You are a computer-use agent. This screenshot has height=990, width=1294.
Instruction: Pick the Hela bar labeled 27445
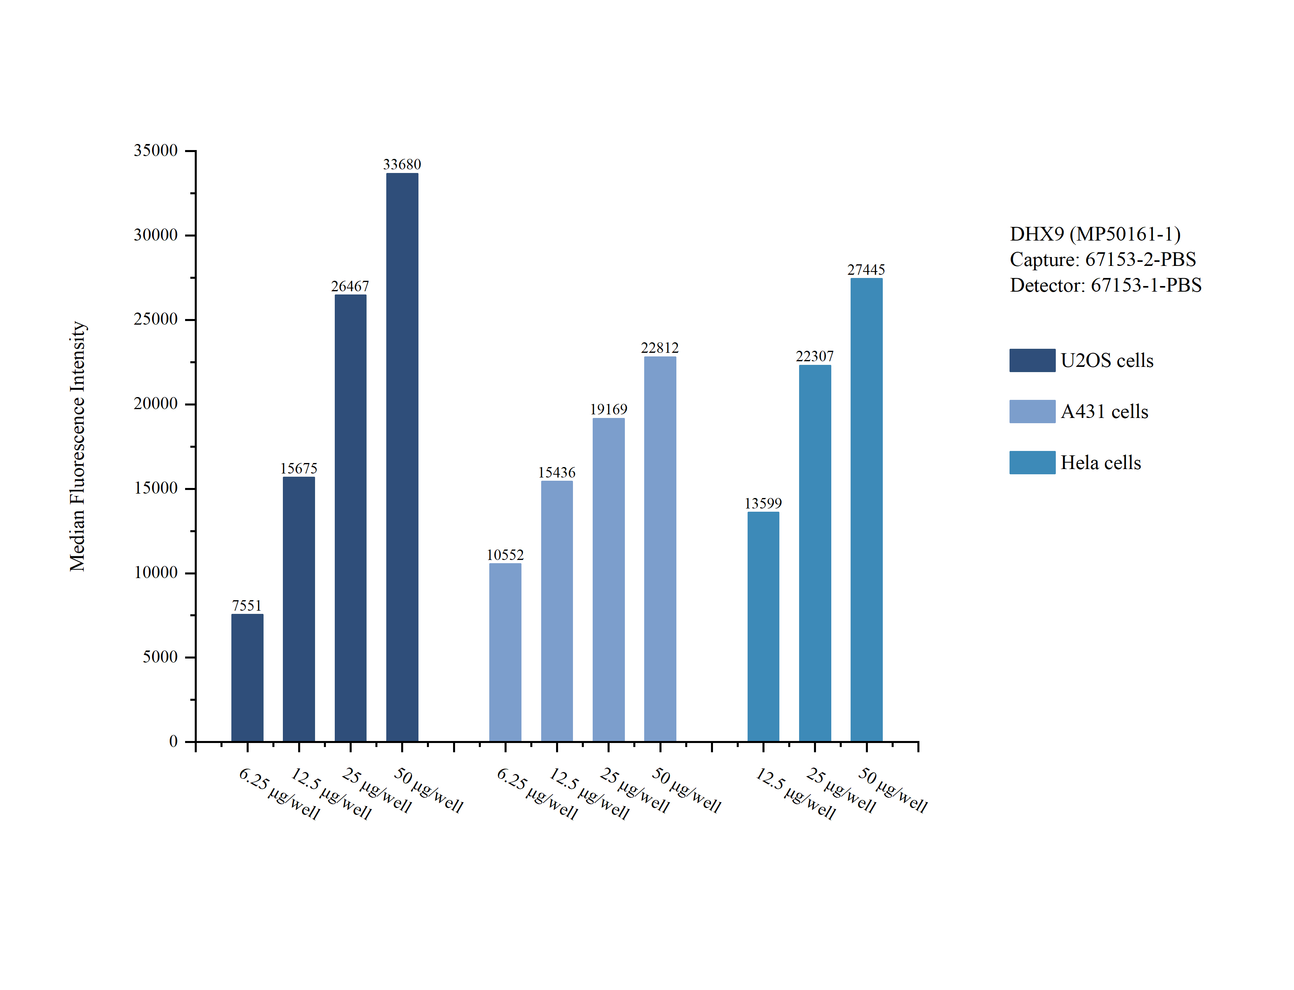pos(866,509)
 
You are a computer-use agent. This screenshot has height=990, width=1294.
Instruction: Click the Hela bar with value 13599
pos(763,626)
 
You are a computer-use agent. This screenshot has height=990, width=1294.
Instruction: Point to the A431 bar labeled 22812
pos(660,549)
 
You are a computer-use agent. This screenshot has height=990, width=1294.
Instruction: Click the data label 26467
pos(350,286)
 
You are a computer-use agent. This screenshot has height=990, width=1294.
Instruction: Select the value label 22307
pos(814,356)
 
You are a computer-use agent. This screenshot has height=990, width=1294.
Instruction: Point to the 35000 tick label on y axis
pos(156,150)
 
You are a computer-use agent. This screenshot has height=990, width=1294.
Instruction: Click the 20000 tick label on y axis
pos(156,403)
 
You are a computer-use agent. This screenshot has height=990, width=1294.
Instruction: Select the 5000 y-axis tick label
pos(160,657)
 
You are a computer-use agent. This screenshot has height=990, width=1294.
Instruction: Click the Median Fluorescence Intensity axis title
pos(78,446)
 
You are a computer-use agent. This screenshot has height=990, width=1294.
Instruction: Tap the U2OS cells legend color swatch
pos(1032,360)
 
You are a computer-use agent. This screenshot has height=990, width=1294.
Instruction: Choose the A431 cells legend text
pos(1104,411)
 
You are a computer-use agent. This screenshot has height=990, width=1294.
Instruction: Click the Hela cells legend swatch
pos(1032,463)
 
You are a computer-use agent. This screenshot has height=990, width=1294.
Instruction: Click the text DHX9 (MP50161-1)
pos(1095,234)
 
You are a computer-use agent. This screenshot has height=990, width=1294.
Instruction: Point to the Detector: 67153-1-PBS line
pos(1105,285)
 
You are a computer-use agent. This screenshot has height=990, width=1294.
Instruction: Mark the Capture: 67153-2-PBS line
pos(1102,259)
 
